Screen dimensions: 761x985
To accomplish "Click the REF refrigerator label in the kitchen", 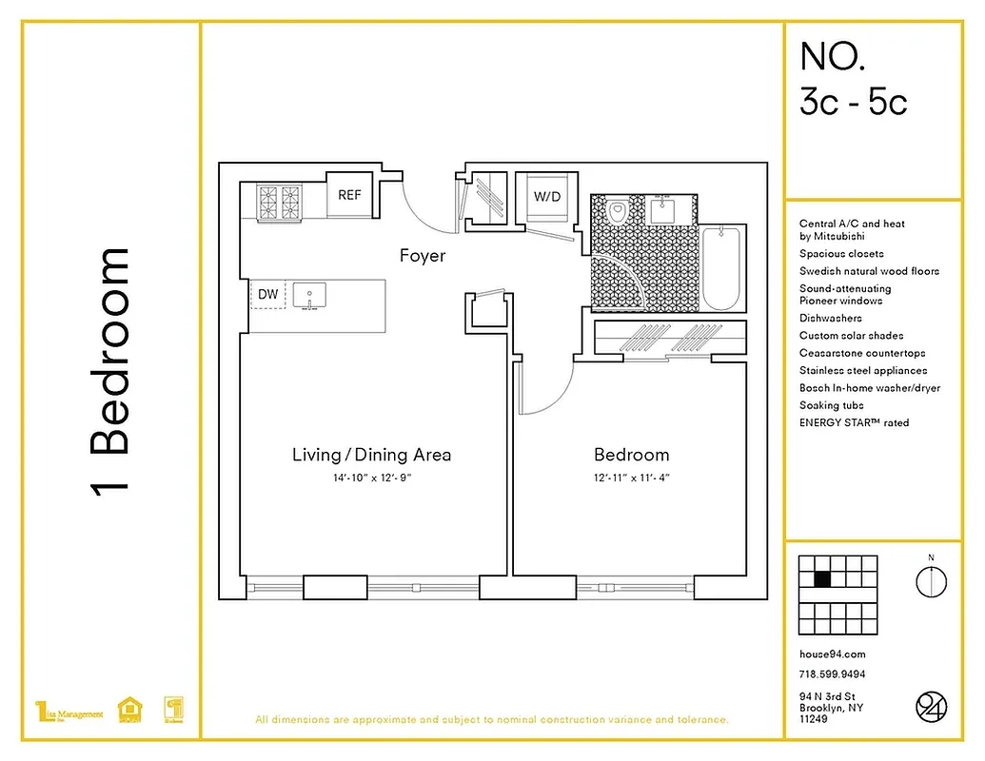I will click(x=349, y=195).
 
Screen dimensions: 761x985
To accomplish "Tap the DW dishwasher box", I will click(x=268, y=295).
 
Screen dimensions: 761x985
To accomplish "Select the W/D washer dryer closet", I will click(x=546, y=197).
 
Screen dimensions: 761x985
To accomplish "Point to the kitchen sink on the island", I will click(x=308, y=296).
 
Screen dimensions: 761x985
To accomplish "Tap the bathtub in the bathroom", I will click(x=724, y=268).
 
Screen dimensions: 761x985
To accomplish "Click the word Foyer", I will click(x=422, y=256).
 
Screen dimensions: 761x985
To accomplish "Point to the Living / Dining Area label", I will click(x=371, y=455).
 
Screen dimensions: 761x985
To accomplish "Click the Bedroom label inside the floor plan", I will click(x=631, y=455).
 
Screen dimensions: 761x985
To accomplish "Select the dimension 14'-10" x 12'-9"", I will click(x=371, y=478).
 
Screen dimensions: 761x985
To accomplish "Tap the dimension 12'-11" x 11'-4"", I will click(x=631, y=478).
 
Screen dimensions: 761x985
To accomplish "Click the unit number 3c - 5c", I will click(x=853, y=102).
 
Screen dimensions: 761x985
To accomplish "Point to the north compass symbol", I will click(x=931, y=580).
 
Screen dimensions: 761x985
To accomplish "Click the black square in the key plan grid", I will click(x=823, y=579).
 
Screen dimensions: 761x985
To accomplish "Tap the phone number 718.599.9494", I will click(x=832, y=674).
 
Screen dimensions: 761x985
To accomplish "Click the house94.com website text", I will click(x=832, y=654).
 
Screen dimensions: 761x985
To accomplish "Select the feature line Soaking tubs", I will click(x=831, y=405).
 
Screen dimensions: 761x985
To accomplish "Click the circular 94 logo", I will click(x=931, y=707).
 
